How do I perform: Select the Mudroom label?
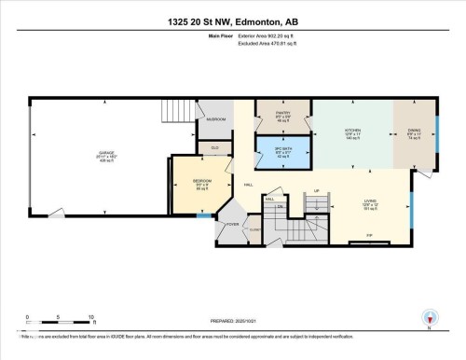tap(216, 119)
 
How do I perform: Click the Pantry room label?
tap(282, 116)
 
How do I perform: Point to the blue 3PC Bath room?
tap(282, 152)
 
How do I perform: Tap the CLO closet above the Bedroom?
tap(214, 147)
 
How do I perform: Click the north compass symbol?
tap(429, 318)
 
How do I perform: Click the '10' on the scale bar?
tap(90, 318)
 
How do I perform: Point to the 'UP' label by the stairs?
tap(316, 190)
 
